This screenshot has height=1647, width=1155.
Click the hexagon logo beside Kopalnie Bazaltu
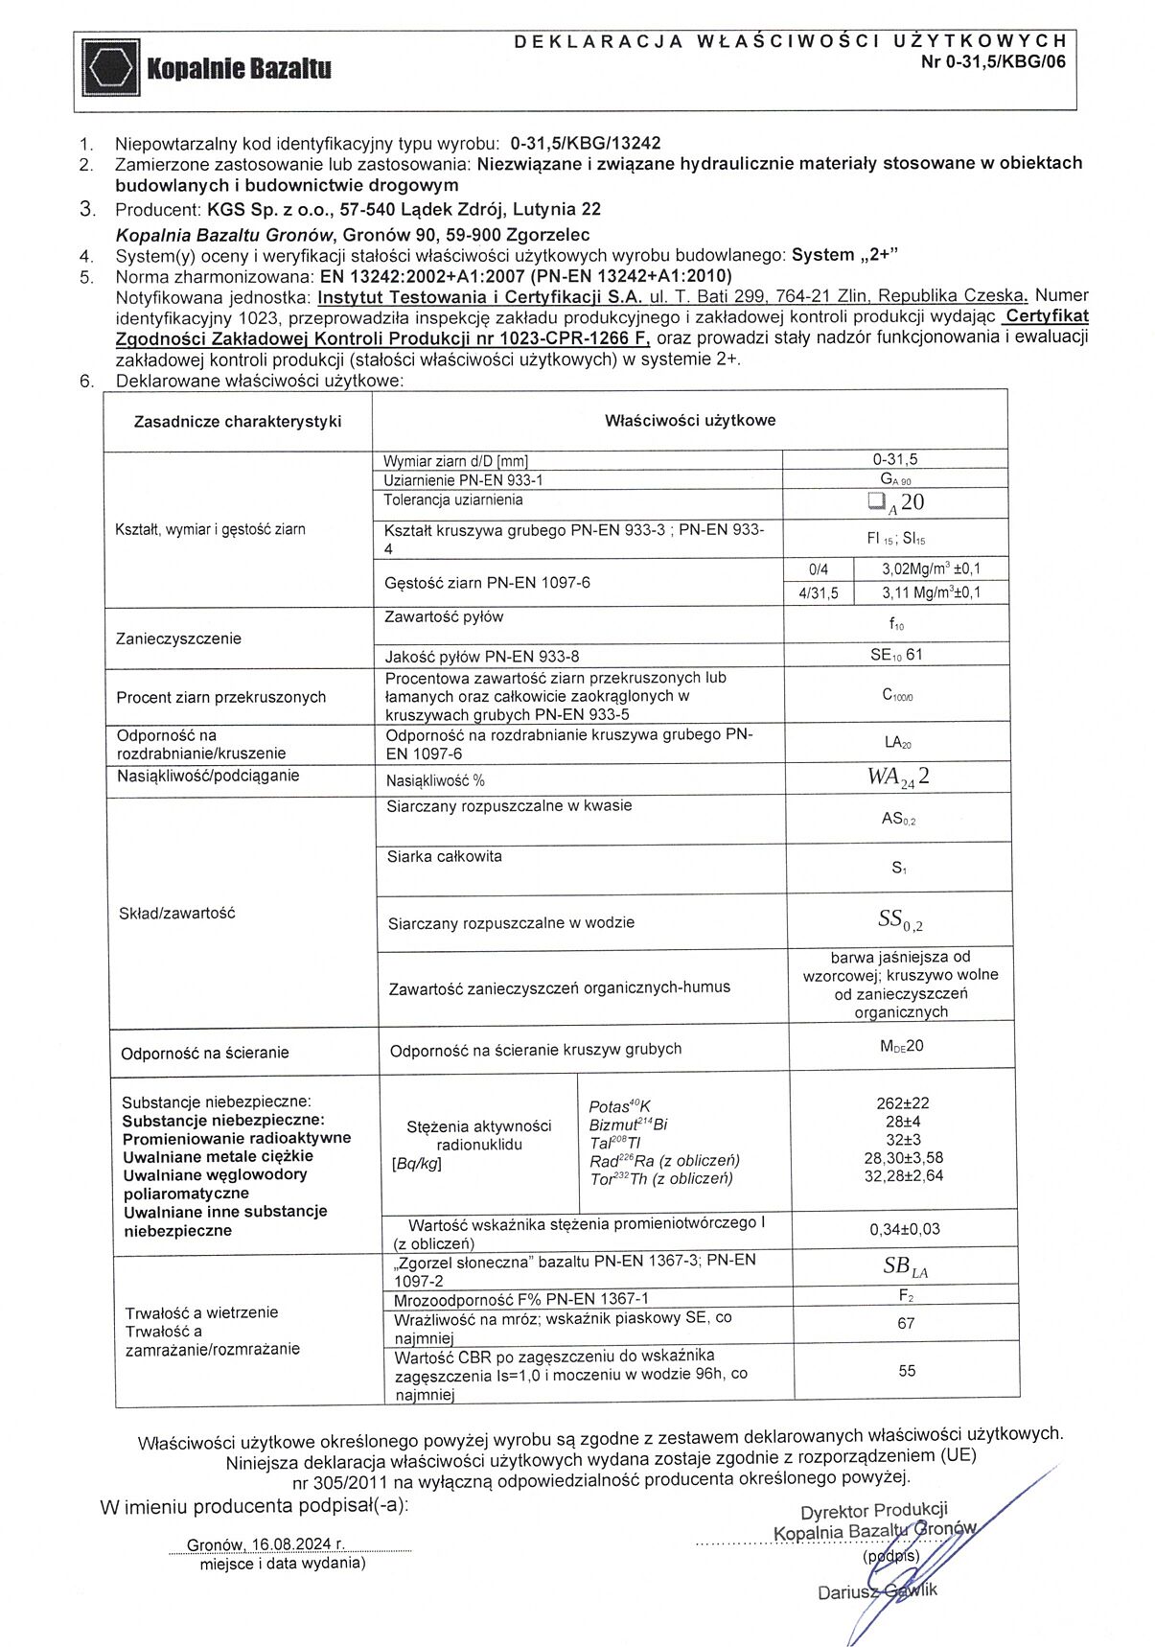pos(111,68)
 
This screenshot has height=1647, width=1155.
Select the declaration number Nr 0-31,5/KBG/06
pos(991,61)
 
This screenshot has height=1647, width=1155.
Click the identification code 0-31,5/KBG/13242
pos(586,143)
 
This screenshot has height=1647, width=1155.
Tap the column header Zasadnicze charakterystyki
pos(238,421)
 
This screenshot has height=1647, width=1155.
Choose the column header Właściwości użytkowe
pos(690,420)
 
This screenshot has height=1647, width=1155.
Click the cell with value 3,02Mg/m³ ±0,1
pos(931,568)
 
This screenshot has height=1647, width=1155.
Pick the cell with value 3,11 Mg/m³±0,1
pos(931,592)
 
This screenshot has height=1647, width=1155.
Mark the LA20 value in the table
pos(897,742)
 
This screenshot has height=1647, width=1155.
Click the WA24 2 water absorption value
pos(897,777)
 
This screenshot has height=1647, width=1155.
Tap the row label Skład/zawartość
pos(176,914)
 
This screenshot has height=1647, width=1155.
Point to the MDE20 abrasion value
pos(901,1046)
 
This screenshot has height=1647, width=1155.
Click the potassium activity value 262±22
pos(902,1103)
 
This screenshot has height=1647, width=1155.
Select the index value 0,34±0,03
pos(904,1229)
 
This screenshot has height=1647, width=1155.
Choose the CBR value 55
pos(907,1371)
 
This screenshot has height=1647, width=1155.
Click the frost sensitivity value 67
pos(906,1323)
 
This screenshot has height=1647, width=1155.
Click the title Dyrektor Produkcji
pos(873,1512)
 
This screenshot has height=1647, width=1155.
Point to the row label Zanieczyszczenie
pos(179,638)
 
